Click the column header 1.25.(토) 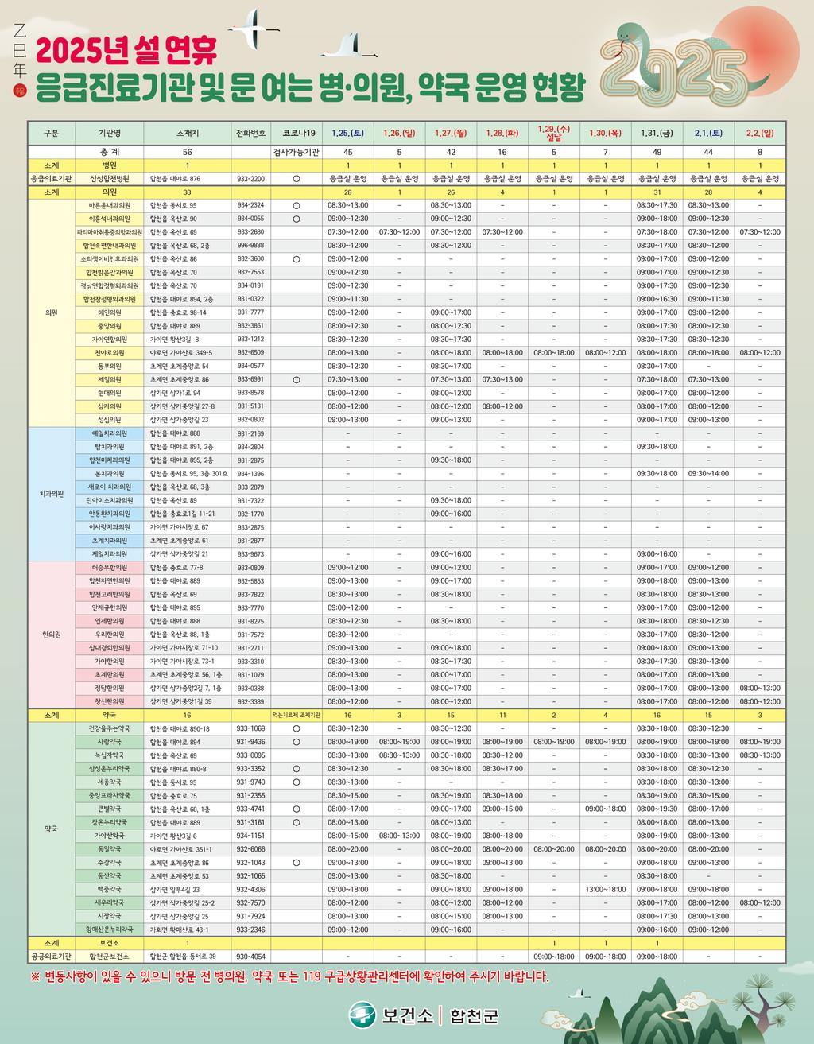347,133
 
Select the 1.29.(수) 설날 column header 553,132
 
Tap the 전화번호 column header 250,133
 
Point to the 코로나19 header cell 296,133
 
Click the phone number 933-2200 250,179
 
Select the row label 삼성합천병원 110,179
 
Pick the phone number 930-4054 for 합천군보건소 250,957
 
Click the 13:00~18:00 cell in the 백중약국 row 605,890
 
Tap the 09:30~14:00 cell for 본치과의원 708,474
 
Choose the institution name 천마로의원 110,352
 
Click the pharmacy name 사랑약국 110,742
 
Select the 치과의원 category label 52,494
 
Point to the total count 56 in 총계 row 187,152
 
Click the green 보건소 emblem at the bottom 362,1015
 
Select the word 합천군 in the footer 474,1015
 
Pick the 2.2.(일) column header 759,133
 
